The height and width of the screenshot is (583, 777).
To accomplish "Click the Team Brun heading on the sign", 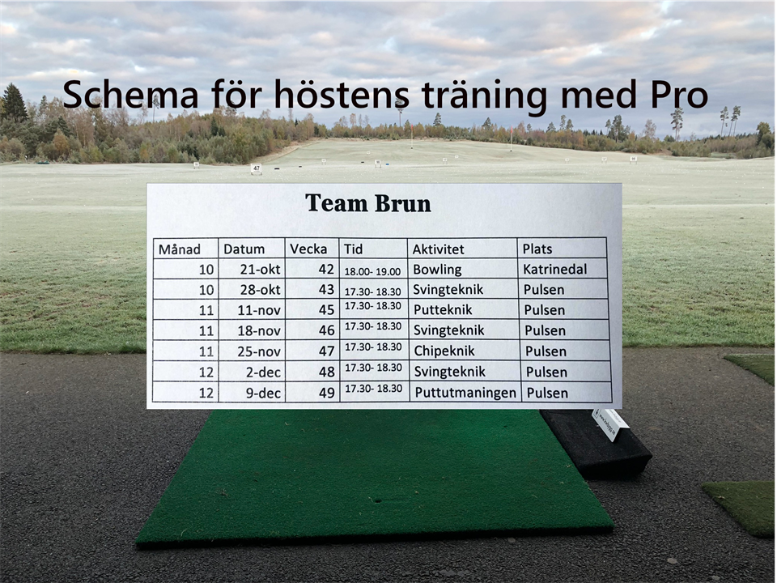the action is pos(367,203).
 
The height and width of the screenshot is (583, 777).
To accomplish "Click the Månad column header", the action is pos(180,249).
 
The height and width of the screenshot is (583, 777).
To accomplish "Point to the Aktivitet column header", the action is pos(438,249).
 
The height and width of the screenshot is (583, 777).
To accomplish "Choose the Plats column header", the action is pos(537,249).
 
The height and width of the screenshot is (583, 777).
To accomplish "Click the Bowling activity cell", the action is pos(437,270).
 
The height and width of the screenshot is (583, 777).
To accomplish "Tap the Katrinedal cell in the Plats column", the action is pos(555,269).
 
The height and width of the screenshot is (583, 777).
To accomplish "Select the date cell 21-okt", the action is pos(260,269).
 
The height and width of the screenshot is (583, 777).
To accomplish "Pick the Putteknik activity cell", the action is pos(443,310).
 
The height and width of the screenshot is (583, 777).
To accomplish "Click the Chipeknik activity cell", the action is pos(444,351).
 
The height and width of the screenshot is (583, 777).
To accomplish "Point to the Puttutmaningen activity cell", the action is pos(465,394).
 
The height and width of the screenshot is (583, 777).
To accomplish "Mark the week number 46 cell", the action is pos(326,330).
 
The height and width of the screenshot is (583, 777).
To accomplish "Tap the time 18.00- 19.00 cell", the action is pos(372,272).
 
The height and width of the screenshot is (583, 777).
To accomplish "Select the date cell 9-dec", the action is pos(264,394).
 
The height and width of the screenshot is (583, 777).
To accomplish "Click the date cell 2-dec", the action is pos(264,372).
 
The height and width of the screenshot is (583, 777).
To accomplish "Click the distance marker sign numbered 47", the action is pos(256,168).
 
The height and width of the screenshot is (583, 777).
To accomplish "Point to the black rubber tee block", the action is pos(595,444).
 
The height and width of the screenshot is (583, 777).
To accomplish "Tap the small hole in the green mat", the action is pos(378,501).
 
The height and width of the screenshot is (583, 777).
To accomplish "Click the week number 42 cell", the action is pos(326,269).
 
